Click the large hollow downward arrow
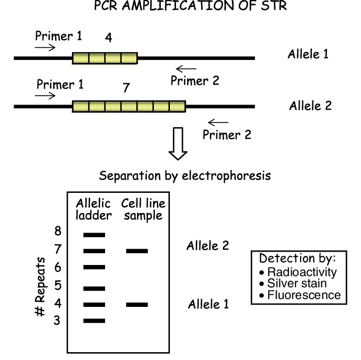(x=178, y=143)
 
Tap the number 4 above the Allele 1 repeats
(x=108, y=37)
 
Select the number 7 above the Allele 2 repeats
(x=126, y=88)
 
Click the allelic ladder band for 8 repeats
(x=94, y=235)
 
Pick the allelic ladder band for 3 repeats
(x=94, y=321)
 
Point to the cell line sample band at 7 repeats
(x=137, y=251)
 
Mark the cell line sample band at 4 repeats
(x=137, y=305)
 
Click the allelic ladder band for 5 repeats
(x=94, y=288)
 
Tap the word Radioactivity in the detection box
(x=302, y=272)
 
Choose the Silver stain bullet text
(x=297, y=283)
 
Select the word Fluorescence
(x=304, y=295)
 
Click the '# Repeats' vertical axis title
(x=40, y=287)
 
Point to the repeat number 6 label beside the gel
(x=58, y=267)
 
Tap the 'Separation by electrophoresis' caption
(x=185, y=176)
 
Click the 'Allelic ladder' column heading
(x=94, y=210)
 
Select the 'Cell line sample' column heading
(x=143, y=210)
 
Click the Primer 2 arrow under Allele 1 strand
(x=186, y=69)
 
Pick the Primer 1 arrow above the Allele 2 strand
(x=45, y=96)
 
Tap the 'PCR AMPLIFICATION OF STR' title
(x=191, y=6)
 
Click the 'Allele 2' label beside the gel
(x=208, y=246)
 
